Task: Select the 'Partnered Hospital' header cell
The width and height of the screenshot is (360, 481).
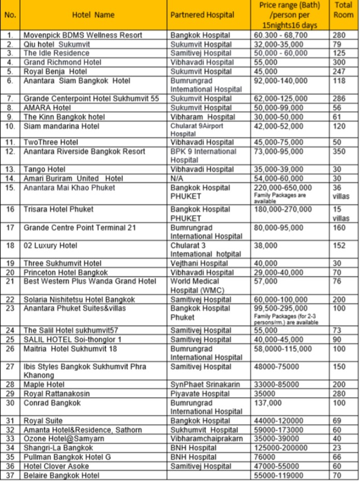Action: coord(202,15)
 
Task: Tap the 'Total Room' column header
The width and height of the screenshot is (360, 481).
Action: coord(343,15)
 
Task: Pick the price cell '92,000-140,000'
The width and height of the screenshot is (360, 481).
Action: coord(281,81)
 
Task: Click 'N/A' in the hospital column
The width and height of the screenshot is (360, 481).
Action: coord(177,178)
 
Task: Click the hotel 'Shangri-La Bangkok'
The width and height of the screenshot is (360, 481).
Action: coord(58,448)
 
